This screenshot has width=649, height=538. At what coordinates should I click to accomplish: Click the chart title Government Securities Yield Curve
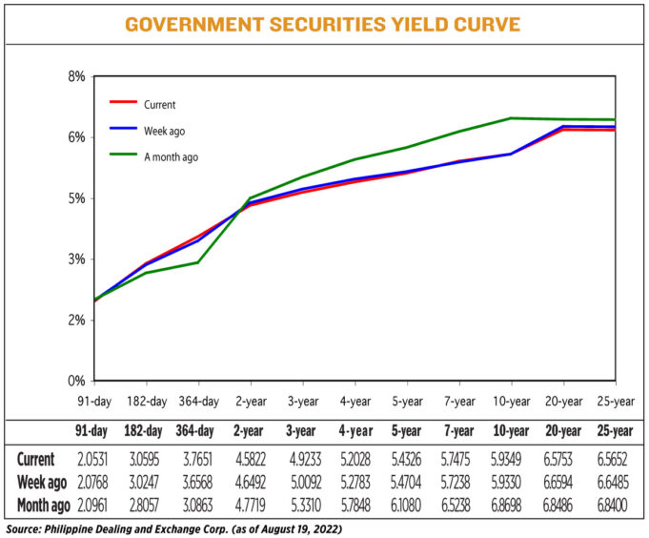point(324,24)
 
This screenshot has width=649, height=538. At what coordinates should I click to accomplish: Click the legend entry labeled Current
point(159,104)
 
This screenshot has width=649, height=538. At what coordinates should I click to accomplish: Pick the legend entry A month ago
point(171,156)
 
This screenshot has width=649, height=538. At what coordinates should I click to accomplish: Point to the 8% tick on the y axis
point(77,76)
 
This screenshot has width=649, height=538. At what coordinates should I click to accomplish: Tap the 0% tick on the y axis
point(77,381)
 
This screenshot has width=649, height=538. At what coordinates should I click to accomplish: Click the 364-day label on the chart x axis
point(197,401)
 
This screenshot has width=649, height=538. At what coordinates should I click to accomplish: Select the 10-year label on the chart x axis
point(511,401)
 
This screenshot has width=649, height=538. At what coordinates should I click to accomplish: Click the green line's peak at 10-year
point(511,118)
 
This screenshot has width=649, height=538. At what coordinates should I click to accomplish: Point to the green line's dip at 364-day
point(197,262)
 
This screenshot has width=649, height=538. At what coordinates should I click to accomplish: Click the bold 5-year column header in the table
point(406,430)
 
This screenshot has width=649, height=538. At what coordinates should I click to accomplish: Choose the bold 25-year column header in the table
point(615,430)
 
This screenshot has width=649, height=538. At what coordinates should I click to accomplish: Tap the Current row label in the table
point(34,459)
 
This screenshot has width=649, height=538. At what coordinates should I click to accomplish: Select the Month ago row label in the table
point(40,502)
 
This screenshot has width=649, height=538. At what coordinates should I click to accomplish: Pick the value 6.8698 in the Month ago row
point(511,502)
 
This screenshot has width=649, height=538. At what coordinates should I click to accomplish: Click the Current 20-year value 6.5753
point(563,459)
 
